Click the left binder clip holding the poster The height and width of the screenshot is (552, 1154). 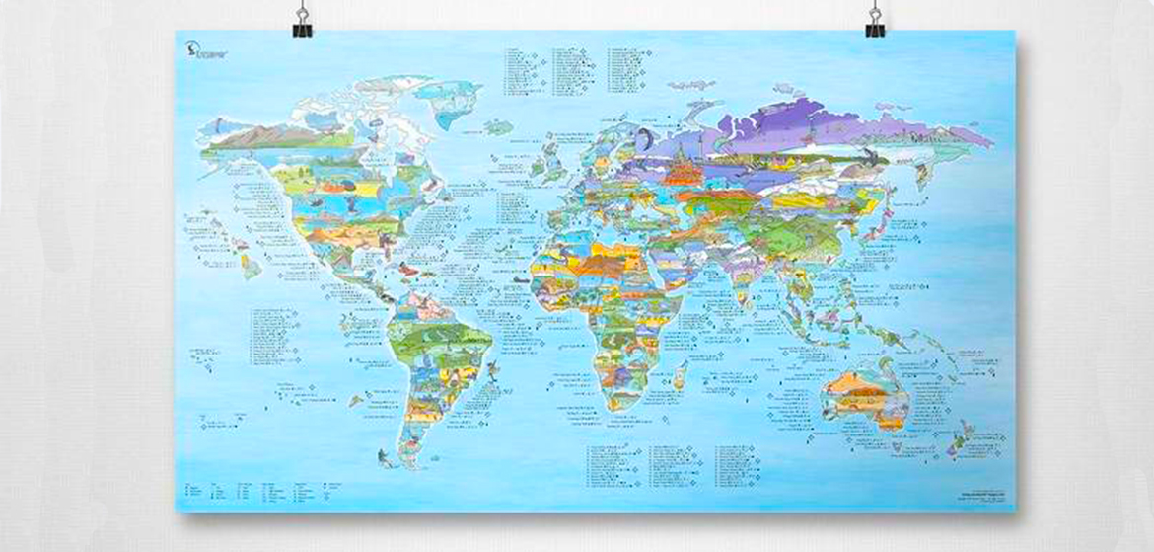302,21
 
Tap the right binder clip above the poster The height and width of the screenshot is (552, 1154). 874,21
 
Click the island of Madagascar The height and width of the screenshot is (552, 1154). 680,375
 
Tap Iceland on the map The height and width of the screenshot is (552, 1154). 499,127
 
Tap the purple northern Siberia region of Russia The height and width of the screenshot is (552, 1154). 789,123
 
